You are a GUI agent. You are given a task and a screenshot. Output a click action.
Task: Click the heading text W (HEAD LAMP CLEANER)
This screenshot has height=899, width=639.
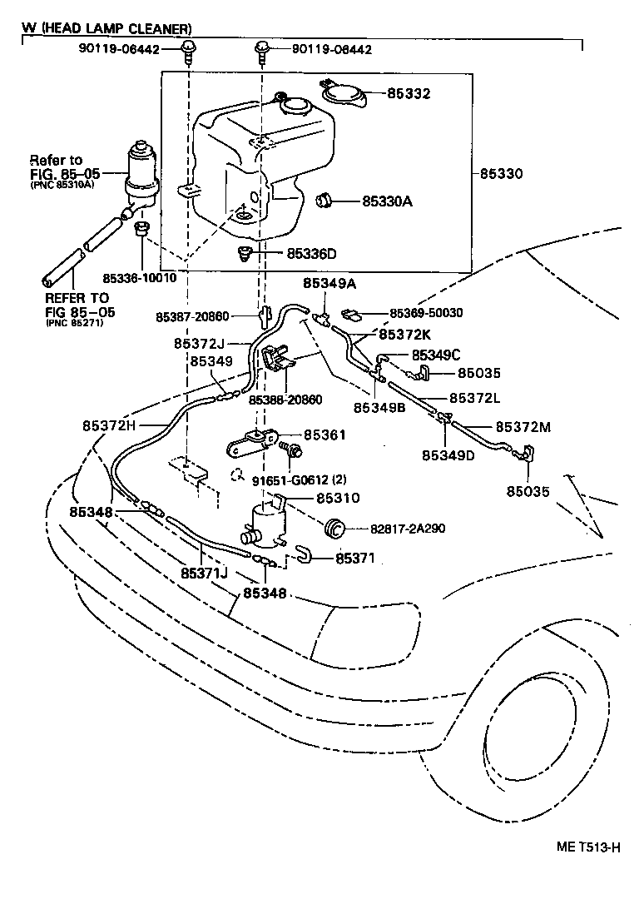click(106, 28)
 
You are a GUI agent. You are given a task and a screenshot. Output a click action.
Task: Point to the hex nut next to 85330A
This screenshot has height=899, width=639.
click(325, 200)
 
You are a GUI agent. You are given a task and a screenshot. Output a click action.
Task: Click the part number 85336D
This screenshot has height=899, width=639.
click(312, 253)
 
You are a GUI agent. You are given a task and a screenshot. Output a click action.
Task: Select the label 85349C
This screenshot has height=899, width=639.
click(433, 354)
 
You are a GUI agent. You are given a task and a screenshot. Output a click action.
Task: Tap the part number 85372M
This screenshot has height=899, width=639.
click(523, 427)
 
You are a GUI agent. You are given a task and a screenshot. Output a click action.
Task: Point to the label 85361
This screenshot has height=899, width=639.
click(324, 435)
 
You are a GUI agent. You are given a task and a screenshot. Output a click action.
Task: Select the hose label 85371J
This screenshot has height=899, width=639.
click(205, 574)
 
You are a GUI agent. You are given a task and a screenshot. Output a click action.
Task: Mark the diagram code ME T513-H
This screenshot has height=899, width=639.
click(589, 847)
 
